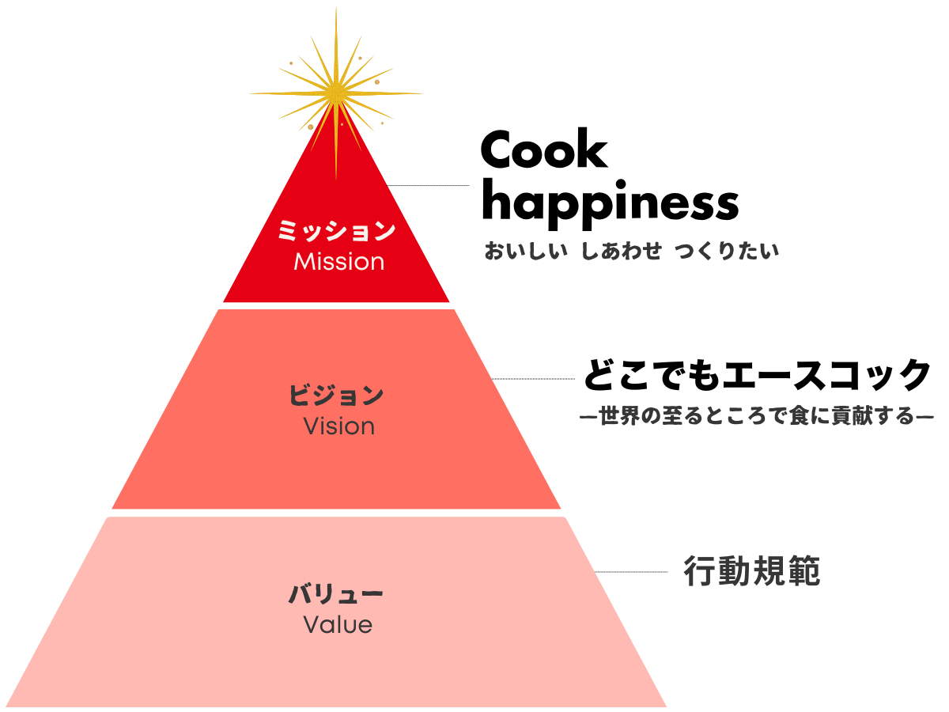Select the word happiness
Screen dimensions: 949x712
point(610,204)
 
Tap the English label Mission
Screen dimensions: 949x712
point(339,262)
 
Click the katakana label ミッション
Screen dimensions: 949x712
point(336,230)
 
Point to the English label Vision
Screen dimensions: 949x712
point(339,426)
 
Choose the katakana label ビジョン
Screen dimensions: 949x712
point(336,395)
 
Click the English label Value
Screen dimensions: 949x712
point(338,624)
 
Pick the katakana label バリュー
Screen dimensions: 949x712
point(336,593)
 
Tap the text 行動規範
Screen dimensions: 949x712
point(751,571)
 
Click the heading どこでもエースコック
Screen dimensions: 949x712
point(757,375)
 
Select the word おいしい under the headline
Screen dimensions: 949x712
point(526,251)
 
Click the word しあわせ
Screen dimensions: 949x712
point(621,251)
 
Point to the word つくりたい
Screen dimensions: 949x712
point(727,251)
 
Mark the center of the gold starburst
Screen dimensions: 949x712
point(336,93)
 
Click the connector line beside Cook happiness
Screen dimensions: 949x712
point(428,185)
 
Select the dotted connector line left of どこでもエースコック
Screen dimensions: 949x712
point(533,379)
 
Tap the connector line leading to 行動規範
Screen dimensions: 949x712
point(631,571)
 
